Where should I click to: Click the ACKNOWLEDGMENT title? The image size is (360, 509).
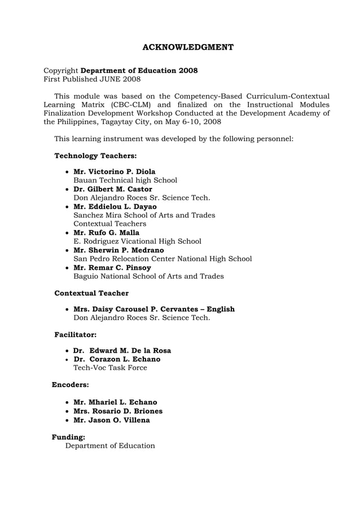click(x=187, y=47)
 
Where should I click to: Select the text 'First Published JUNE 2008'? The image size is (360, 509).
click(x=92, y=80)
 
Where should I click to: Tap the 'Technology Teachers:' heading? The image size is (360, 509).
click(x=95, y=155)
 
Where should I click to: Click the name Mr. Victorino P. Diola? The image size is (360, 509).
click(x=115, y=172)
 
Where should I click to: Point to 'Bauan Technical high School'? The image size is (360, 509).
click(x=125, y=181)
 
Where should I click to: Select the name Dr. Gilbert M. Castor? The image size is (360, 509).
click(x=113, y=189)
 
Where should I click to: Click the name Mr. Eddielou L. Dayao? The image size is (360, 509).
click(x=115, y=207)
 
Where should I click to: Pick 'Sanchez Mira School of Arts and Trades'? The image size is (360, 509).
click(x=144, y=215)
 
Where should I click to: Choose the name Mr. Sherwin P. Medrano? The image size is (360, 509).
click(x=118, y=250)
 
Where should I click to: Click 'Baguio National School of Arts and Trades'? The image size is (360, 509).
click(x=148, y=277)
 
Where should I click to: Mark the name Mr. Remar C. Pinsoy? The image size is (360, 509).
click(x=112, y=267)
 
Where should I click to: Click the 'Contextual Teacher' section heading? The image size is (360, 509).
click(x=91, y=293)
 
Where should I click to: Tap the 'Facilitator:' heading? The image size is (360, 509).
click(x=75, y=335)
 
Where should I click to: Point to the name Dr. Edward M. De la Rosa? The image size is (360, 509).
click(x=122, y=350)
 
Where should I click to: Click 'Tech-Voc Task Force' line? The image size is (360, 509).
click(x=110, y=368)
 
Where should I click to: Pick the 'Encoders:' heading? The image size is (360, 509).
click(x=71, y=385)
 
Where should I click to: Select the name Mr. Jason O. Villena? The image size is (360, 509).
click(x=112, y=420)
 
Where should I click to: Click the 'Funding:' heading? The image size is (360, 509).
click(x=69, y=437)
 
